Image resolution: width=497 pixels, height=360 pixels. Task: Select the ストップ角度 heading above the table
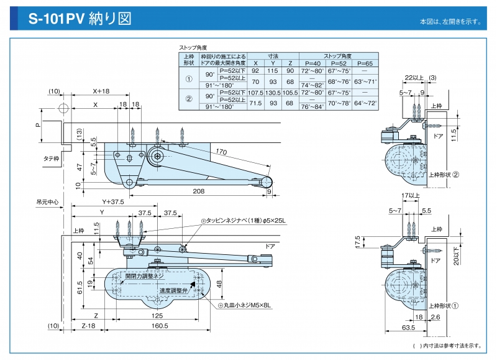click(x=193, y=47)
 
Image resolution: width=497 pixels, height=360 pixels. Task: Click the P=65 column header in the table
click(x=367, y=63)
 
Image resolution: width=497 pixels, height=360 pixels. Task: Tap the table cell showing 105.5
click(x=290, y=93)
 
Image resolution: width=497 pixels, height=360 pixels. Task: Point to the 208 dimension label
click(x=199, y=191)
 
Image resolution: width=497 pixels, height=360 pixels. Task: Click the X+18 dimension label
click(x=101, y=91)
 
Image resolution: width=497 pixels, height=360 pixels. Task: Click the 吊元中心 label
click(x=47, y=202)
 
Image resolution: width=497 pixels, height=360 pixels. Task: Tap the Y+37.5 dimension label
click(x=113, y=201)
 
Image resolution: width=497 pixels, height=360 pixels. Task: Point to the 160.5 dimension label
click(x=160, y=325)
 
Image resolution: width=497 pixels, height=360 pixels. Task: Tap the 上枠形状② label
click(x=444, y=175)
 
